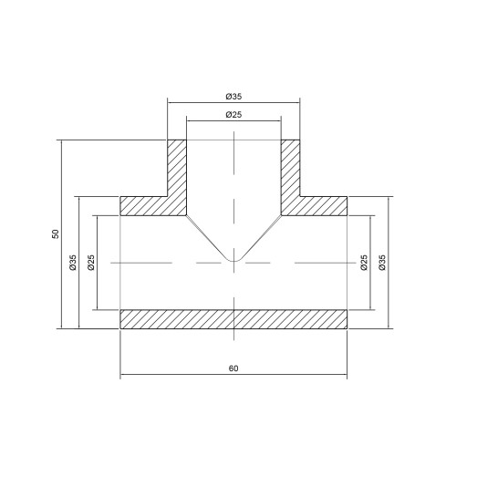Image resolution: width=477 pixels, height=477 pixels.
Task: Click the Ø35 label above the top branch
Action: [x=233, y=95]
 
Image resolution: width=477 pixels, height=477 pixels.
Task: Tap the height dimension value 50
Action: [x=56, y=234]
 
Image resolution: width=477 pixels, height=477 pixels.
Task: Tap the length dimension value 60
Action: [x=233, y=368]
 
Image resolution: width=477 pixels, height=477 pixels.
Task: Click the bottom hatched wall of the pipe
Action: [x=233, y=318]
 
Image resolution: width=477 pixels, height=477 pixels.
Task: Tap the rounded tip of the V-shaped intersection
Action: [x=233, y=262]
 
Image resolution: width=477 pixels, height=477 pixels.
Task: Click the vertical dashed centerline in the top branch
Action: [x=233, y=182]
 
